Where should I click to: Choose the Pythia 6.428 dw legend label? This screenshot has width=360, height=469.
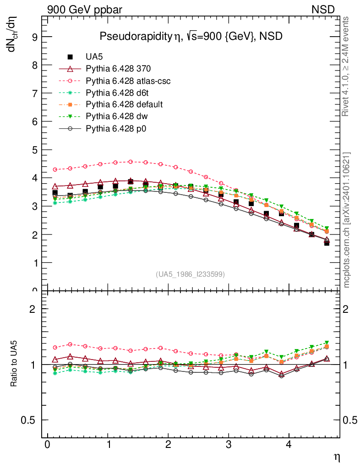pyautogui.click(x=118, y=116)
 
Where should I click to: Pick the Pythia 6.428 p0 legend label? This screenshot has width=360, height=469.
pyautogui.click(x=118, y=128)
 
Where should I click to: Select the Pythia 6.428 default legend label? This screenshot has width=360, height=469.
pyautogui.click(x=124, y=104)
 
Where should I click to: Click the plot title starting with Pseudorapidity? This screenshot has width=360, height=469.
pyautogui.click(x=191, y=37)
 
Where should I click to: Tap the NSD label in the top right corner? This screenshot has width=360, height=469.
pyautogui.click(x=323, y=9)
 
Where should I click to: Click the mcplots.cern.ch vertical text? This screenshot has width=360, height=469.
pyautogui.click(x=347, y=220)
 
